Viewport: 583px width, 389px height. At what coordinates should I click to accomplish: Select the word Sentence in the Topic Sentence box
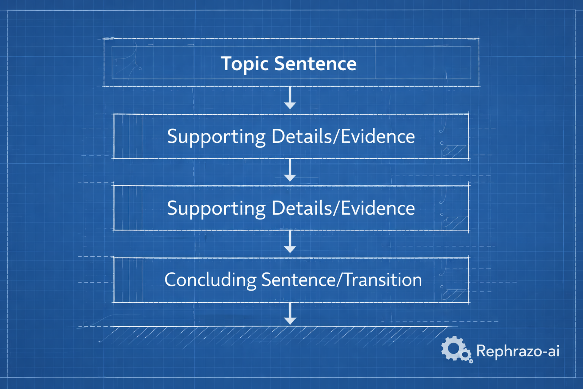pyautogui.click(x=315, y=64)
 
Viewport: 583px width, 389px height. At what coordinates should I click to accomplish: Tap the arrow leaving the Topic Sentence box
pyautogui.click(x=290, y=98)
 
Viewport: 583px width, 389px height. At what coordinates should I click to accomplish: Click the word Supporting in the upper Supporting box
pyautogui.click(x=216, y=137)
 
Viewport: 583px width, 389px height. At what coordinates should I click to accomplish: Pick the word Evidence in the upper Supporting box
pyautogui.click(x=378, y=136)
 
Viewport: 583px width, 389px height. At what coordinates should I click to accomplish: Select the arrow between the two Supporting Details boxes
pyautogui.click(x=290, y=170)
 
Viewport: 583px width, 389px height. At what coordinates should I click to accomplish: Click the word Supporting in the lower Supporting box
pyautogui.click(x=216, y=209)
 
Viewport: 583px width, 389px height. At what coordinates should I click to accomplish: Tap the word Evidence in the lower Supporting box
pyautogui.click(x=378, y=208)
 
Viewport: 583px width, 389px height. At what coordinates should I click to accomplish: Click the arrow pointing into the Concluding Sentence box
pyautogui.click(x=290, y=242)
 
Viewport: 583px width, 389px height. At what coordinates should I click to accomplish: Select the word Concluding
pyautogui.click(x=210, y=280)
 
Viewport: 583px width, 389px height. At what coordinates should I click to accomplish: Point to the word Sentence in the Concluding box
pyautogui.click(x=298, y=280)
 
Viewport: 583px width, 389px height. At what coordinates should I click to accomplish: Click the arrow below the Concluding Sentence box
pyautogui.click(x=290, y=313)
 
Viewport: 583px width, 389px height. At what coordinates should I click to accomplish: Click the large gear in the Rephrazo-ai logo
pyautogui.click(x=452, y=348)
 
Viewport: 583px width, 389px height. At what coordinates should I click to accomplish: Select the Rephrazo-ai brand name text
pyautogui.click(x=518, y=351)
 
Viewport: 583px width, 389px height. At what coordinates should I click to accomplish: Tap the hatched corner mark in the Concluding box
pyautogui.click(x=454, y=295)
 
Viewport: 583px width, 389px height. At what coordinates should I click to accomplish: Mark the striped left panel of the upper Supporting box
pyautogui.click(x=128, y=136)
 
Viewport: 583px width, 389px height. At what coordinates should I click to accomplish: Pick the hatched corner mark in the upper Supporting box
pyautogui.click(x=454, y=151)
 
